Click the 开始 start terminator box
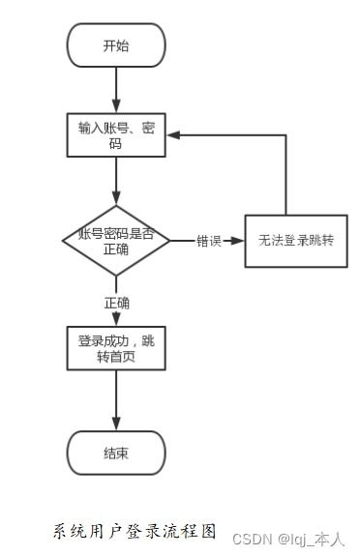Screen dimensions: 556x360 click(x=116, y=45)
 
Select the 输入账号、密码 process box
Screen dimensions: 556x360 click(x=116, y=135)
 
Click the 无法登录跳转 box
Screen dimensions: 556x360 click(x=288, y=240)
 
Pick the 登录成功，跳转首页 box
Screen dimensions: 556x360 click(x=116, y=349)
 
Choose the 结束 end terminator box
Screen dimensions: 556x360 click(x=116, y=453)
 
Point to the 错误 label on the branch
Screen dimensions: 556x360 click(x=209, y=241)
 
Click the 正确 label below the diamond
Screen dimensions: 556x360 click(x=117, y=303)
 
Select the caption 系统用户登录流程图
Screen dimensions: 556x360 click(x=134, y=531)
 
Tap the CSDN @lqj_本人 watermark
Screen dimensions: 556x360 click(x=289, y=539)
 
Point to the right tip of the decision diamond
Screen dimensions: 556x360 click(x=170, y=240)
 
